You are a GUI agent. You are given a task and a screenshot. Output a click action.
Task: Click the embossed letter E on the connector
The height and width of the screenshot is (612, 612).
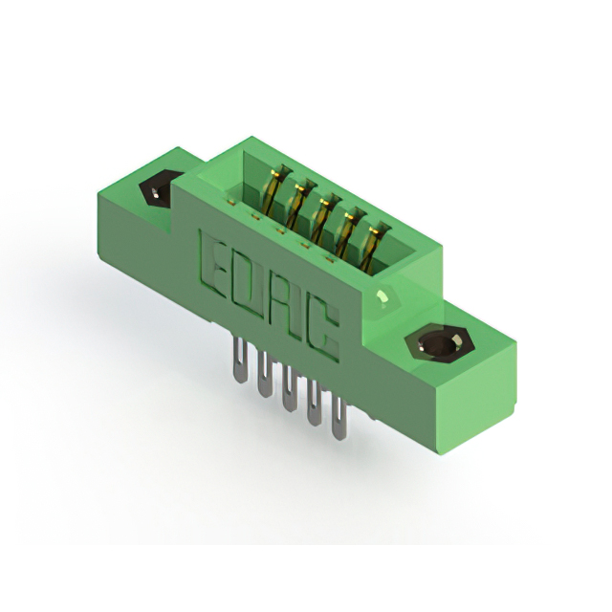coord(213,261)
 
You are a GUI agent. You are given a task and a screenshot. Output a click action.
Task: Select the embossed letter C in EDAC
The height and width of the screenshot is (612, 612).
coord(322,332)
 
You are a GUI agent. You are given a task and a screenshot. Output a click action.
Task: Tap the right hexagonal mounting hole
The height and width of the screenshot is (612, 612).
coord(439,344)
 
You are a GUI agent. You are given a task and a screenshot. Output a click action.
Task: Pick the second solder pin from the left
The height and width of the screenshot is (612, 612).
coord(264,374)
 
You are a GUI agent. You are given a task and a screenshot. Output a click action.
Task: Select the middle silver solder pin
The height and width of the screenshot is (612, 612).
coord(288,389)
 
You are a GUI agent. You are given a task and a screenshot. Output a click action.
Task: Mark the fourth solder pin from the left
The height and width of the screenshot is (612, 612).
coord(314,403)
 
